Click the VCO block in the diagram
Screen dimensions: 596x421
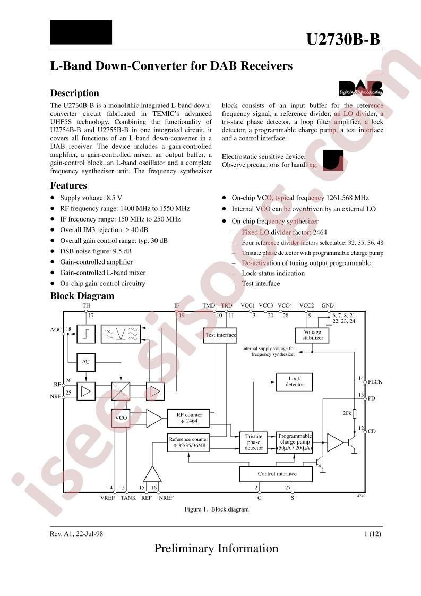pyautogui.click(x=121, y=418)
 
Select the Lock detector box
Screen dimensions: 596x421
pyautogui.click(x=295, y=381)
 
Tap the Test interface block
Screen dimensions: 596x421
pyautogui.click(x=220, y=335)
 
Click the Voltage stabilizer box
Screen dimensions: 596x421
pyautogui.click(x=312, y=335)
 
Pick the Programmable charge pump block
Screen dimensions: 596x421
pyautogui.click(x=295, y=442)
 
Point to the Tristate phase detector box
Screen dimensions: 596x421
pyautogui.click(x=254, y=442)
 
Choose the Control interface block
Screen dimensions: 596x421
pyautogui.click(x=277, y=474)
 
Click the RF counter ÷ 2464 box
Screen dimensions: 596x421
pyautogui.click(x=188, y=418)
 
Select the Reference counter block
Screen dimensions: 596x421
pyautogui.click(x=188, y=442)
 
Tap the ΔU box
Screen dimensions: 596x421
pyautogui.click(x=85, y=362)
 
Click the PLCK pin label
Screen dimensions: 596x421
pyautogui.click(x=375, y=382)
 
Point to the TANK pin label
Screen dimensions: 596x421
pyautogui.click(x=128, y=498)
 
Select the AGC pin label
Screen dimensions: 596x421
pyautogui.click(x=56, y=330)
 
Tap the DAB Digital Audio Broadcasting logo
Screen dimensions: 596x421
pyautogui.click(x=360, y=88)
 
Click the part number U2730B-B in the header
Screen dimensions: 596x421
pyautogui.click(x=343, y=40)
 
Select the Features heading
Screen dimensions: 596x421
pyautogui.click(x=68, y=185)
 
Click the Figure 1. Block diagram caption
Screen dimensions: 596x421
pyautogui.click(x=217, y=509)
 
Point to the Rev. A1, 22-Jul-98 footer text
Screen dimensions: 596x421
pyautogui.click(x=76, y=534)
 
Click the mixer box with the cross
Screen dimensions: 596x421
pyautogui.click(x=121, y=392)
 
